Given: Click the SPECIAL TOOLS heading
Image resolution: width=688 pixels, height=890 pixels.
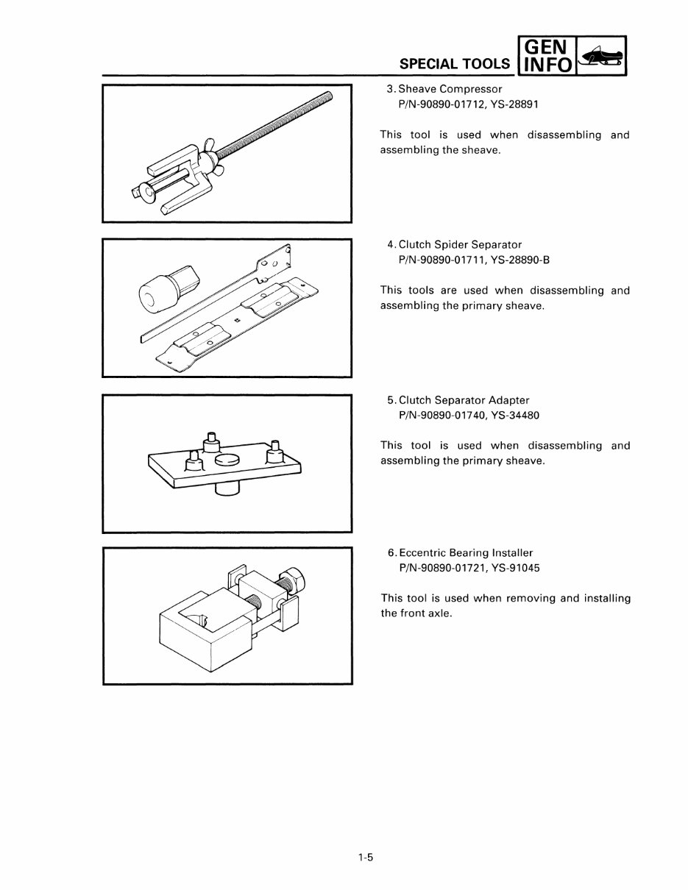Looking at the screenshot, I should point(454,63).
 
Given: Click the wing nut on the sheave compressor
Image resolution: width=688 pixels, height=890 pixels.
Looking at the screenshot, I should point(210,152).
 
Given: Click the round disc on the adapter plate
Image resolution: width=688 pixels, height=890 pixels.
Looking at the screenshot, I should point(227,459).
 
